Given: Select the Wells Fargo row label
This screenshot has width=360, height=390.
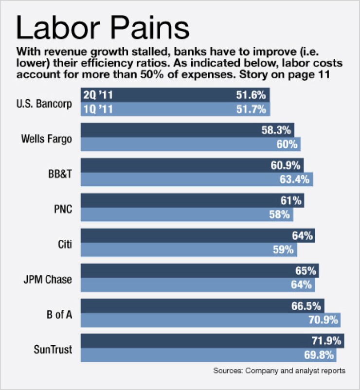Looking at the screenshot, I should pyautogui.click(x=47, y=138).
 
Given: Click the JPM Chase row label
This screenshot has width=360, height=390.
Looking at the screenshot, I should pyautogui.click(x=47, y=279).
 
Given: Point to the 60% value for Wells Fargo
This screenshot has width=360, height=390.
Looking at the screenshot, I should pyautogui.click(x=287, y=144).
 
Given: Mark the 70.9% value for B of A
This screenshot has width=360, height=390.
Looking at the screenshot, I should pyautogui.click(x=322, y=320).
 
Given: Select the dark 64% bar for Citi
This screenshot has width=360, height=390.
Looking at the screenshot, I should pyautogui.click(x=195, y=236).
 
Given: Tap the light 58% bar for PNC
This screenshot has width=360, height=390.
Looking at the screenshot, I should pyautogui.click(x=185, y=214).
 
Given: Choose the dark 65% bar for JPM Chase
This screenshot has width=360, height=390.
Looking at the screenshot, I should pyautogui.click(x=195, y=271).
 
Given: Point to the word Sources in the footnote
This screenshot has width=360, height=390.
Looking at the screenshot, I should pyautogui.click(x=227, y=371).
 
